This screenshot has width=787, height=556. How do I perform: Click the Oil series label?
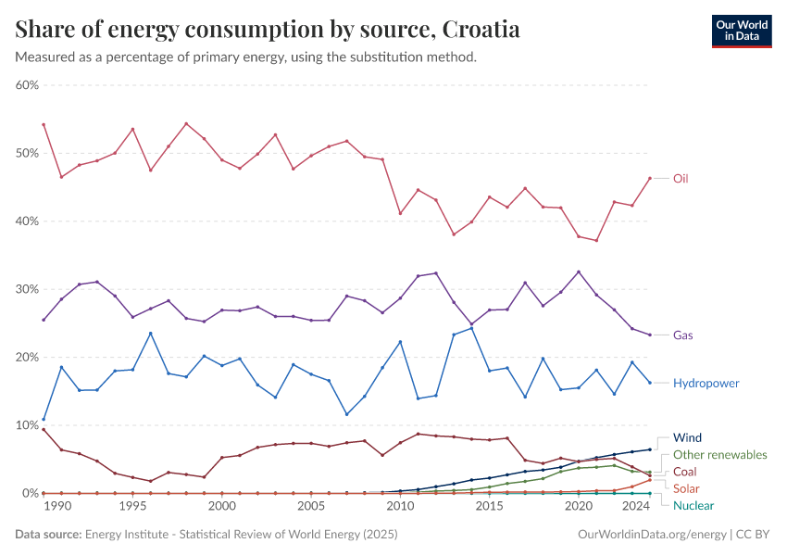(x=681, y=178)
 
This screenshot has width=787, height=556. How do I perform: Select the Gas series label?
(x=683, y=335)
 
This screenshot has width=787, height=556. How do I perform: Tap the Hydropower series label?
(x=706, y=382)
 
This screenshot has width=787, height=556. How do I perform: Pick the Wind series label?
(x=687, y=437)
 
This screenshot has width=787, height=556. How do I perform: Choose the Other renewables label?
(x=720, y=455)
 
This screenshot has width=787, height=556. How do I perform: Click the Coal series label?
(x=685, y=472)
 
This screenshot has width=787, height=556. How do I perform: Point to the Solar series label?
(x=686, y=488)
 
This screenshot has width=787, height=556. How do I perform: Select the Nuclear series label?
(x=693, y=505)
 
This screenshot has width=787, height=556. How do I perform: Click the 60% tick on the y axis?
(x=26, y=85)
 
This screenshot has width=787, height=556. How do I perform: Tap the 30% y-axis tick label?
(x=26, y=289)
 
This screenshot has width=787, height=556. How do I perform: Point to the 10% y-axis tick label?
(x=26, y=425)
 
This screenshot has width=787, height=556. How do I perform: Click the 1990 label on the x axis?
(x=57, y=507)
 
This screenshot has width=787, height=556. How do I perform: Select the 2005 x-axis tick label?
(x=310, y=507)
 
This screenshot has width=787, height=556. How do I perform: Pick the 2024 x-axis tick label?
(x=636, y=507)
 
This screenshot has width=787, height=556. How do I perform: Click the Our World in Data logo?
(x=742, y=31)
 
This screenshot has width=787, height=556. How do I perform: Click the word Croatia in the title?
(x=481, y=30)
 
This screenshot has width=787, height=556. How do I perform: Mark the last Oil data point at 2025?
(x=650, y=178)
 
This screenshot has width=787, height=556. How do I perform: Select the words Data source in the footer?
(x=49, y=535)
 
